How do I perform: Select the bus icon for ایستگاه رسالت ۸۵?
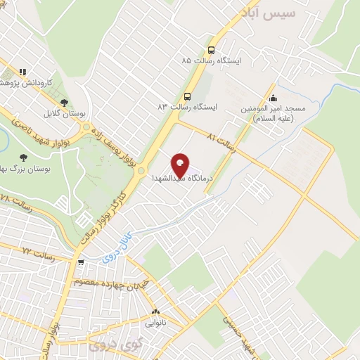pyautogui.click(x=211, y=50)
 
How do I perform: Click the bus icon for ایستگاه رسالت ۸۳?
pyautogui.click(x=187, y=96)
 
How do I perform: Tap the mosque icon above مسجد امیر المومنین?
pyautogui.click(x=273, y=98)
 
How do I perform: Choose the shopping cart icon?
pyautogui.click(x=82, y=262)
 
